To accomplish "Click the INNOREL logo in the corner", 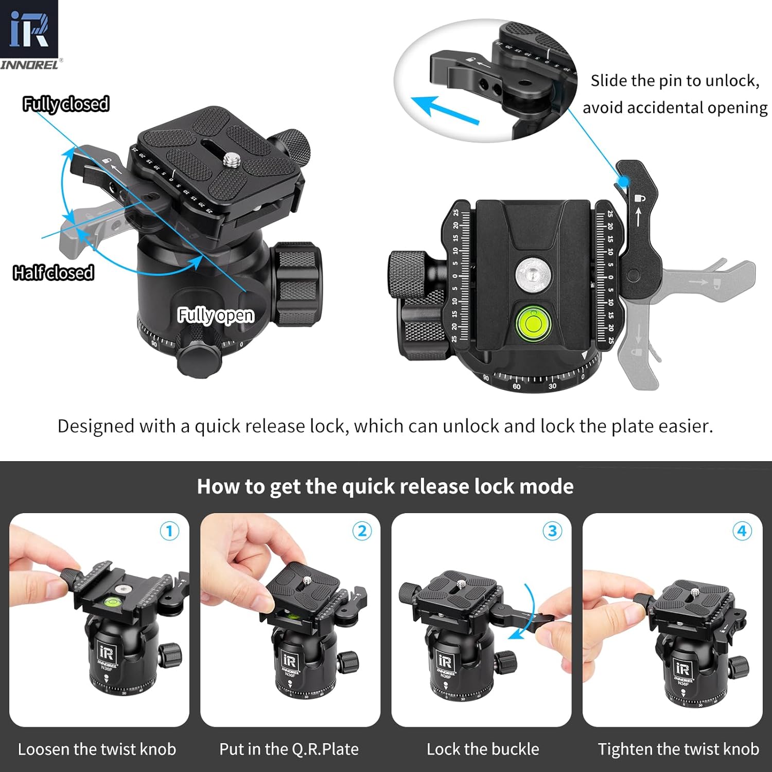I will pos(29,34).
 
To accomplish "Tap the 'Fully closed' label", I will pos(66,104).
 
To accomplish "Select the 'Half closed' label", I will pos(54,272).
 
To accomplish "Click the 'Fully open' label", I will pos(216,314).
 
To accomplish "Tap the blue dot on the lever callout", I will pos(623,181).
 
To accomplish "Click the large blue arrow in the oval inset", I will pos(445,110).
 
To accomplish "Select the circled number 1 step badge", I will pos(169,531).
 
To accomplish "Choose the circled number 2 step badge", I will pos(362,531).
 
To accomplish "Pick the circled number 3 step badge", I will pos(552,531).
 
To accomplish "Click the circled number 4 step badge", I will pos(742,531).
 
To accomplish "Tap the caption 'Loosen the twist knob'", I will pos(97,749).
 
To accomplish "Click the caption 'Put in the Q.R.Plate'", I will pos(289,749).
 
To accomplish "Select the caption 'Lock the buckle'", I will pos(483,749).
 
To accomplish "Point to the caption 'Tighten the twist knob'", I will pos(678,749).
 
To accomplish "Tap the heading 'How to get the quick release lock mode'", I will pos(385,486).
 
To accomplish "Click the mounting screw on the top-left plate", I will pos(227,161).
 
